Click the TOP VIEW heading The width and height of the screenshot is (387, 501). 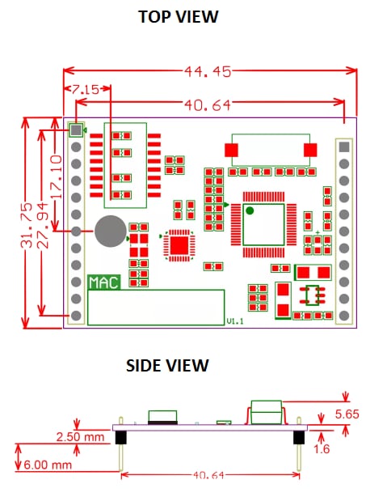click(x=178, y=16)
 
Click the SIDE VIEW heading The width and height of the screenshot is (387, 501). click(x=167, y=366)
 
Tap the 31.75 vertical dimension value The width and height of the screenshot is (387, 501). click(x=27, y=223)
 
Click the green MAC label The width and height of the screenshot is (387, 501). click(x=103, y=282)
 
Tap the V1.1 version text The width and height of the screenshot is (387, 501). click(x=233, y=321)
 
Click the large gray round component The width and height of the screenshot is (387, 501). click(x=109, y=232)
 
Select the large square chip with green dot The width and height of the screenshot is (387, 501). click(x=261, y=220)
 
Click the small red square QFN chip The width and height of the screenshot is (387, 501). click(x=179, y=244)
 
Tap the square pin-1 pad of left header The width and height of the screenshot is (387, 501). click(x=76, y=129)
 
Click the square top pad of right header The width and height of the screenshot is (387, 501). click(x=345, y=146)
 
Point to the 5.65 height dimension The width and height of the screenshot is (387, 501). click(x=360, y=414)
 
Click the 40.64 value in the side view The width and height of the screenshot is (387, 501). click(x=209, y=476)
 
